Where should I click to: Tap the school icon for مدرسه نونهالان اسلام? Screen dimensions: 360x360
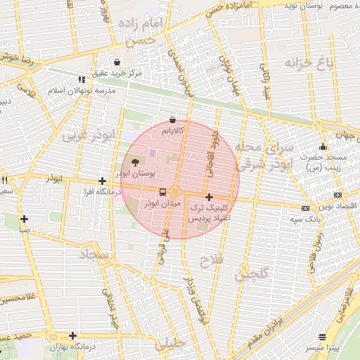click(82, 80)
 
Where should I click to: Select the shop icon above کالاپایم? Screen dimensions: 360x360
click(173, 120)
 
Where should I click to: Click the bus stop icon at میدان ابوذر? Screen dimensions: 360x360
click(162, 191)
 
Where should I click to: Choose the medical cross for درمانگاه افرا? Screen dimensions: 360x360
click(103, 181)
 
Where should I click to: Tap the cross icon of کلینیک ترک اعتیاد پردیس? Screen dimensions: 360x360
click(209, 197)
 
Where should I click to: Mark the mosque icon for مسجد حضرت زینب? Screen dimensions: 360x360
click(323, 147)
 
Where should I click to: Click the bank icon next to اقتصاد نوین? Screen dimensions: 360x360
click(337, 195)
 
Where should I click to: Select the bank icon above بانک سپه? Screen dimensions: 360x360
click(305, 208)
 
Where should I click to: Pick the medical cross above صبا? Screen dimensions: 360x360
click(25, 219)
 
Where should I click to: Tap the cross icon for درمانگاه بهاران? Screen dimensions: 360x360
click(72, 335)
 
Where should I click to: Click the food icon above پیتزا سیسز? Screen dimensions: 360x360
click(323, 337)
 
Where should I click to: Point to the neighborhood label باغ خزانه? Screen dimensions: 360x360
click(307, 64)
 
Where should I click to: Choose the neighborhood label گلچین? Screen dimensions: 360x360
click(252, 277)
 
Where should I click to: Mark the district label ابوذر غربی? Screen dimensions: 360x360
click(88, 136)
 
